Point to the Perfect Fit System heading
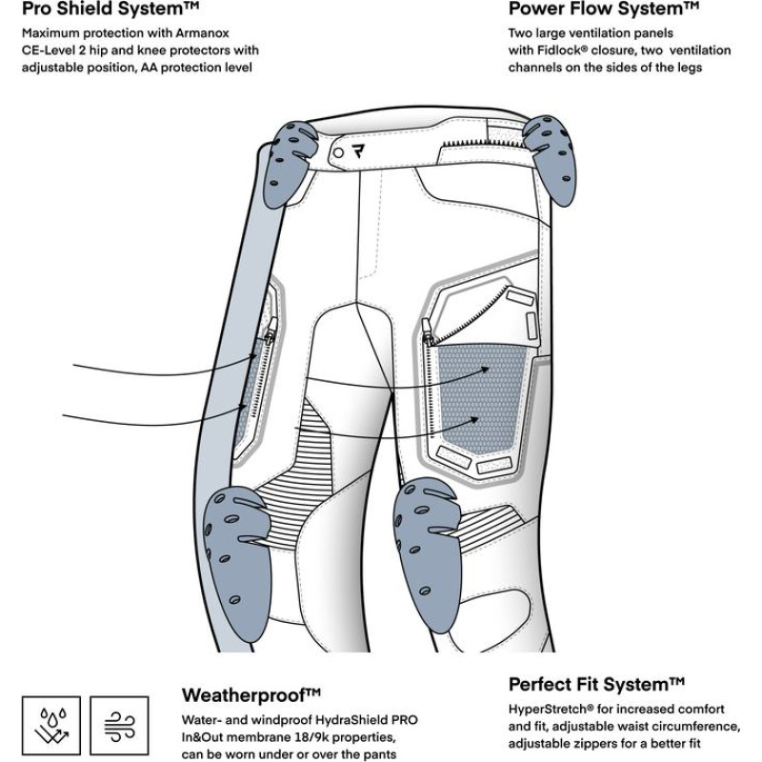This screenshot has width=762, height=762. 596,684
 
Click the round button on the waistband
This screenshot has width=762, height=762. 336,151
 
